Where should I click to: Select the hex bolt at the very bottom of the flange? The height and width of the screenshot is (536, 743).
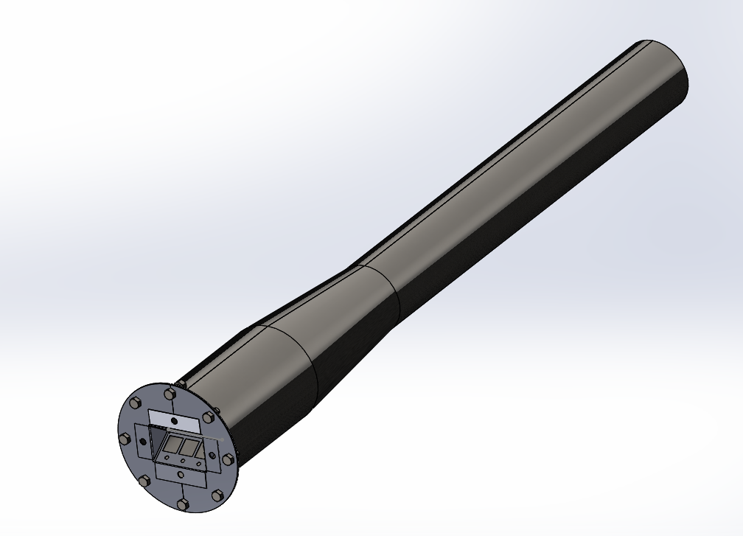pyautogui.click(x=183, y=504)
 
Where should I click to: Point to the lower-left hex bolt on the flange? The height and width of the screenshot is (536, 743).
pyautogui.click(x=144, y=481)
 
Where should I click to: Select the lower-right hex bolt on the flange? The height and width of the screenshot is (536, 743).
pyautogui.click(x=217, y=496)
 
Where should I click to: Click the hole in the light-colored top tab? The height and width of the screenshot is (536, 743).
pyautogui.click(x=174, y=420)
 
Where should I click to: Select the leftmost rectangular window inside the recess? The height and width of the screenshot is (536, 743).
pyautogui.click(x=174, y=444)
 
